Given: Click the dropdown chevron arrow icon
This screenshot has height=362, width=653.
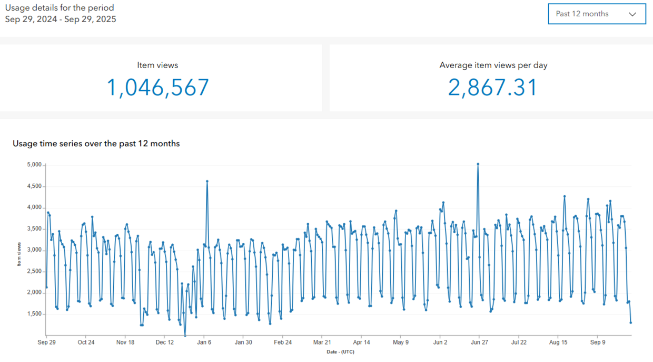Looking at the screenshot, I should tap(632, 14).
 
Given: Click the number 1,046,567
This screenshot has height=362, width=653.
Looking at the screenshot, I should tap(158, 88).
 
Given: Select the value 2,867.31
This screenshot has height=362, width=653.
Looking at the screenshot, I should tap(493, 88).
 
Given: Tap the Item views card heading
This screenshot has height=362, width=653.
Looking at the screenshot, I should tap(157, 65).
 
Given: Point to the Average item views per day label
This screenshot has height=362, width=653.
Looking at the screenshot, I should tap(493, 65).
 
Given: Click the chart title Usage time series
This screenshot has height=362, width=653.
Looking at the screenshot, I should tap(96, 144).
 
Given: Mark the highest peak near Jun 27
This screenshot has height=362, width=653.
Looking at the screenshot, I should tap(478, 164).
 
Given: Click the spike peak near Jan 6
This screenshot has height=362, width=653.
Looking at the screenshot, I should tap(207, 181).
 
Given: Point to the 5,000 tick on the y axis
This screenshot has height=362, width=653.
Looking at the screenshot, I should tap(34, 165).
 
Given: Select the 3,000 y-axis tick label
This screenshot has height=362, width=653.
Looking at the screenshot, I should tap(34, 250).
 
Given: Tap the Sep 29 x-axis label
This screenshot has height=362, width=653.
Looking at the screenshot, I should tap(47, 342).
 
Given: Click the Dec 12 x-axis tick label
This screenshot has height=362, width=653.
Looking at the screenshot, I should tap(165, 342).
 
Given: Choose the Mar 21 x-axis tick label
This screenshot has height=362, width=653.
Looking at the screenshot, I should tap(322, 342).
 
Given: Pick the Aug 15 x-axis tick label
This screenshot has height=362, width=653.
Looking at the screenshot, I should tap(558, 342).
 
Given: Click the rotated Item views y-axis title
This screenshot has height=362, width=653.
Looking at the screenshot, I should tap(19, 254).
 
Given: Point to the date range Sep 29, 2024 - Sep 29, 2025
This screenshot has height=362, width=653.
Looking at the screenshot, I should tap(61, 20).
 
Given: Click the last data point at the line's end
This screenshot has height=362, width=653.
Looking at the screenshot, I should tap(630, 322).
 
